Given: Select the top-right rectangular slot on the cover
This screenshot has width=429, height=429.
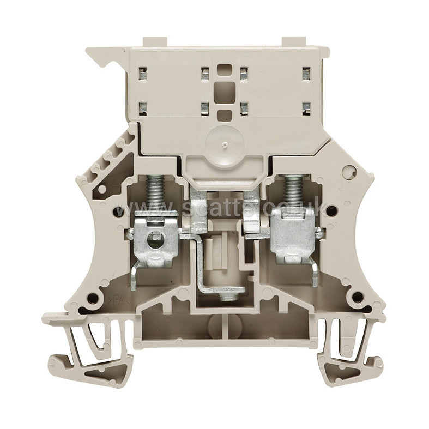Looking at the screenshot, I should pos(306,72).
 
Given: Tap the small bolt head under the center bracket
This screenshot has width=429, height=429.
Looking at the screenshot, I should pos(223,297).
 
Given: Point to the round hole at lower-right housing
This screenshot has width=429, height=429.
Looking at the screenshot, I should pos(358,297).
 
